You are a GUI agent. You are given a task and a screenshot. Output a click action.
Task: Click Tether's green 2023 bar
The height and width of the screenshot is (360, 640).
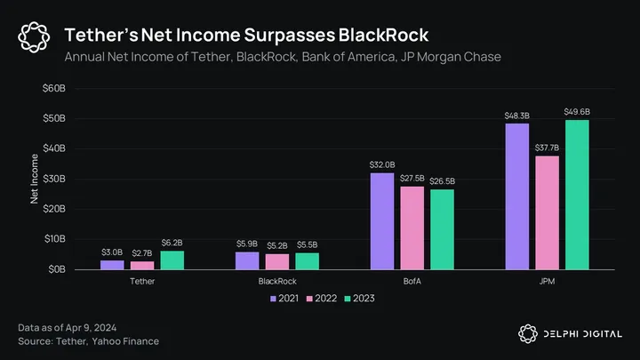[172, 260]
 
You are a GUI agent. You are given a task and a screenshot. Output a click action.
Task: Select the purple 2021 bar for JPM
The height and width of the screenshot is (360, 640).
[516, 196]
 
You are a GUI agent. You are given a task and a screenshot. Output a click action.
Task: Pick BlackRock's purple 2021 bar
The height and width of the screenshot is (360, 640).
[247, 260]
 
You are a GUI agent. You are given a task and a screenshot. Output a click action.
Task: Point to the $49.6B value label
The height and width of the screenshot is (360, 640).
[576, 111]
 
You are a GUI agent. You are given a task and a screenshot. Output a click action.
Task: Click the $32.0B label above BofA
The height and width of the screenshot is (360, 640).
[382, 164]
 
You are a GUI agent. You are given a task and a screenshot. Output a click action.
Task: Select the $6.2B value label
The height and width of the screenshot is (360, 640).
[172, 242]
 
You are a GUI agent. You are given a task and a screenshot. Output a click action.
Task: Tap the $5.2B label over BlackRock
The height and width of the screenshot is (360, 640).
[277, 245]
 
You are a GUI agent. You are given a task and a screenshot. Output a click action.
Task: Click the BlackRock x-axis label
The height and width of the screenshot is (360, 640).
[277, 280]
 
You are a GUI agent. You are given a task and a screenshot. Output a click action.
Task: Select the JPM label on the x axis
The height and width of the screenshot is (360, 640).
[546, 280]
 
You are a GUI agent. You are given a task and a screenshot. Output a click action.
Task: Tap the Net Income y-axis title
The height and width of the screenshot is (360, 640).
[35, 179]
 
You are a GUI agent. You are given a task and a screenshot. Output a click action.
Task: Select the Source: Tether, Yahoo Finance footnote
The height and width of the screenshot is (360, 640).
[89, 341]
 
